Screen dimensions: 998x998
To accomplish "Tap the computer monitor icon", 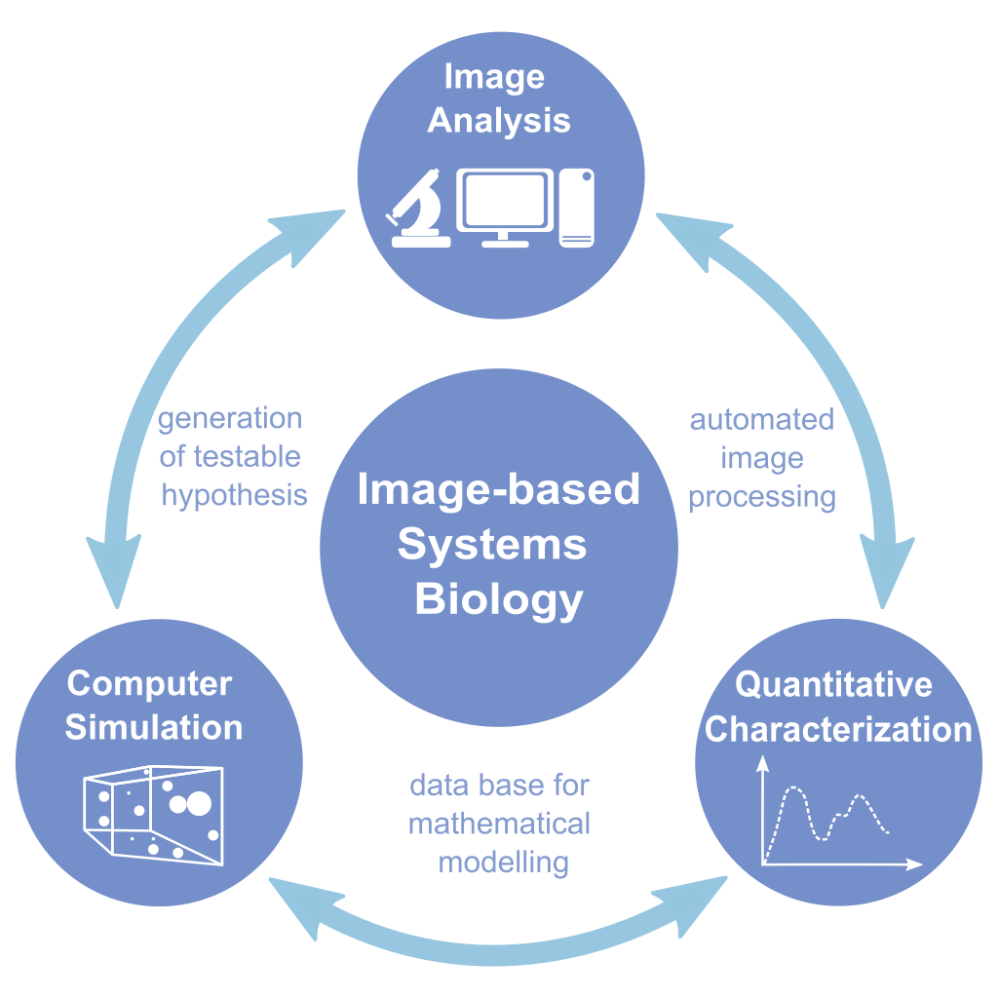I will (505, 202).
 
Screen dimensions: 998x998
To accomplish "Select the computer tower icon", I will (576, 206).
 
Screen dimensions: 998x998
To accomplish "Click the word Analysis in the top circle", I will (499, 121).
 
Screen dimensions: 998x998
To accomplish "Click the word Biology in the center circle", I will (499, 599).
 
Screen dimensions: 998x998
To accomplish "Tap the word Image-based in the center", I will (499, 489).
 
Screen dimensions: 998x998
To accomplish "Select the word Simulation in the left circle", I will (154, 727).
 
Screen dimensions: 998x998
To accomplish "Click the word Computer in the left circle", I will (149, 683).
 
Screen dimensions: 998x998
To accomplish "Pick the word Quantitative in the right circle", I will (833, 684).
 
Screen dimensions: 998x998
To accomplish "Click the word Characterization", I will (838, 729).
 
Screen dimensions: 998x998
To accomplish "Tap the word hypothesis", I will (234, 495).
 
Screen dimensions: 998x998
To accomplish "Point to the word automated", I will (762, 419).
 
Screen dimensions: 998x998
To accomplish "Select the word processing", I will (762, 496).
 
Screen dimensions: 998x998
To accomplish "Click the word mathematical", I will (499, 824).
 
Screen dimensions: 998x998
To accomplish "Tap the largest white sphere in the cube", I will (198, 803).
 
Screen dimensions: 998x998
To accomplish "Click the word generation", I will (230, 419).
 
